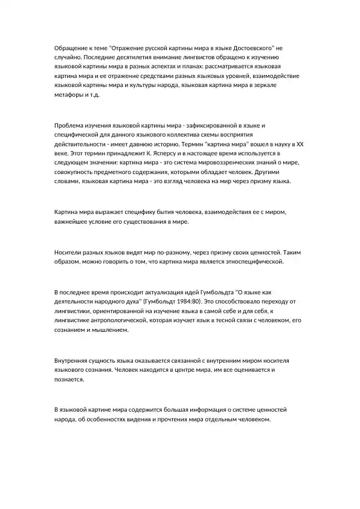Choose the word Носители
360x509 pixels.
69,251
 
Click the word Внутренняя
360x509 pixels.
74,359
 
